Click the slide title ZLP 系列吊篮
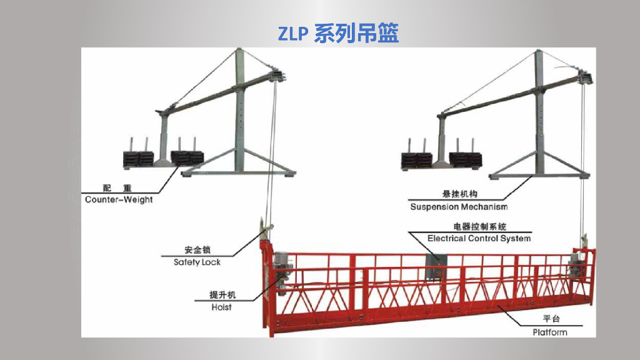[x=338, y=33]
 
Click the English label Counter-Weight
[x=119, y=199]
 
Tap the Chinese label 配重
[x=117, y=188]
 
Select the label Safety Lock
[x=197, y=262]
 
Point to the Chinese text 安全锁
[x=197, y=250]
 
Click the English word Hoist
[x=221, y=307]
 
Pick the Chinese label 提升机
[x=222, y=295]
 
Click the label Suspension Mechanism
[x=459, y=206]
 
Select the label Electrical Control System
[x=479, y=238]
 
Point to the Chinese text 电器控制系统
[x=479, y=226]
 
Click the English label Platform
[x=550, y=332]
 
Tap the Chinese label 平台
[x=550, y=320]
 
